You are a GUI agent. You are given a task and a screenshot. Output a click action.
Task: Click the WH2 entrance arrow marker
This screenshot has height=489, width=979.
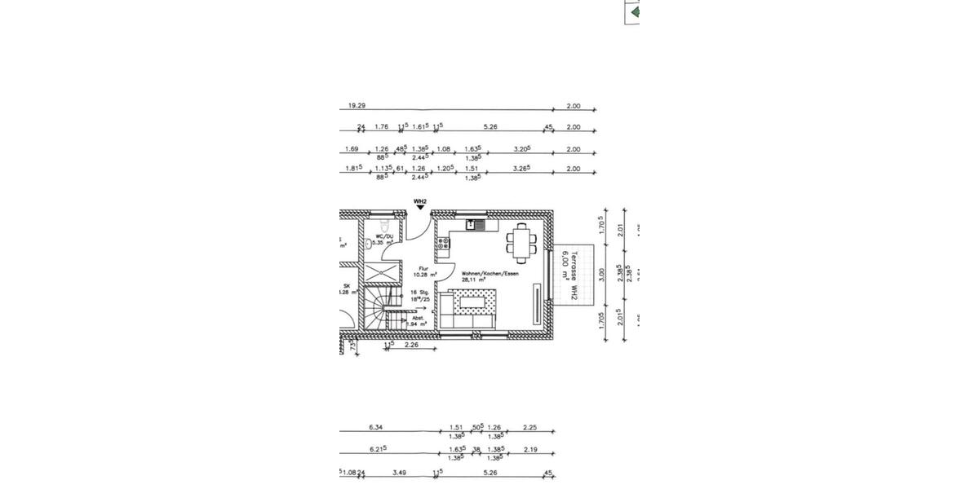(x=420, y=207)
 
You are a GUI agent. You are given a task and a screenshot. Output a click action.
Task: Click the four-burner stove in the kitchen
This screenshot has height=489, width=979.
(x=443, y=243)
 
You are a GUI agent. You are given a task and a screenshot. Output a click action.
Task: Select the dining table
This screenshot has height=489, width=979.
(x=521, y=240)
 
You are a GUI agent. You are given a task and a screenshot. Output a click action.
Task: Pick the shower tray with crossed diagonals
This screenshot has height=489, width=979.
(x=382, y=273)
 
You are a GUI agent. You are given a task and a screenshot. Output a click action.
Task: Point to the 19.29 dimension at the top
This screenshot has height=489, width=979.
(x=357, y=106)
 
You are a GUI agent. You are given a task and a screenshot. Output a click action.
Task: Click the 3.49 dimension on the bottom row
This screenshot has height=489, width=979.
(x=399, y=472)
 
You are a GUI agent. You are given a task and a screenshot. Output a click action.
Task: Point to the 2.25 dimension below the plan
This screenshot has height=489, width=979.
(x=529, y=427)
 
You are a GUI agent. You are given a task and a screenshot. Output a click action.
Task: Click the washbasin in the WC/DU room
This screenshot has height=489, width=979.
(x=369, y=243)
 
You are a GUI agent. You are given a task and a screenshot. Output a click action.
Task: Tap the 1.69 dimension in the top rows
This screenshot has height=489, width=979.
(x=352, y=149)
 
